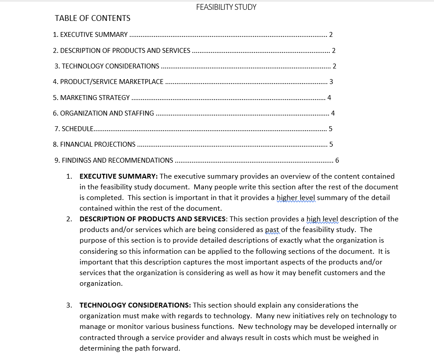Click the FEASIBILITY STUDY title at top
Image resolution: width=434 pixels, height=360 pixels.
pos(226,7)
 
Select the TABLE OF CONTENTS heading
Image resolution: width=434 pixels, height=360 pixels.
pos(92,18)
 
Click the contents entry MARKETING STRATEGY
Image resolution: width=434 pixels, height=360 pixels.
pos(91,98)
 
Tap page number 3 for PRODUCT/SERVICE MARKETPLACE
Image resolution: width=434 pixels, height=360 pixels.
pos(331,82)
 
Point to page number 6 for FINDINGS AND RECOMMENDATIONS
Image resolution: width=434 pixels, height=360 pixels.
pos(337,160)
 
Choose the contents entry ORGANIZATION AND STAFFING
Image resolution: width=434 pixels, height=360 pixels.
pos(103,113)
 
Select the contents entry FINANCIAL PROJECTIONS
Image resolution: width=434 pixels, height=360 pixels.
pos(94,144)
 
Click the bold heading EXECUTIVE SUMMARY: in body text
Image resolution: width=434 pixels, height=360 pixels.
pos(119,176)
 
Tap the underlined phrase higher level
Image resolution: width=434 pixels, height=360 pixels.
pos(296,198)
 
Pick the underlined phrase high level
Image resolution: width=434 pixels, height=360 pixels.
pos(323,219)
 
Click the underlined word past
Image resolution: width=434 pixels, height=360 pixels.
pos(273,230)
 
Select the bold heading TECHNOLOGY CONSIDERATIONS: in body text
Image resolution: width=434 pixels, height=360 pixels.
pos(135,305)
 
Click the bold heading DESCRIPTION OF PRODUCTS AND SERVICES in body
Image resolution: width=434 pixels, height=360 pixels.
pos(152,219)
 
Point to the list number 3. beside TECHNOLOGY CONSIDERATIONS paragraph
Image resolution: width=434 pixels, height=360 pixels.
pos(69,305)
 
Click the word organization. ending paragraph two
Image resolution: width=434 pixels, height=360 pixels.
pos(101,284)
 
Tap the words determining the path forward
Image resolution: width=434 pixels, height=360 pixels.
pos(130,348)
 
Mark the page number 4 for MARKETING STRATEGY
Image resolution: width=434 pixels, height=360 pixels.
pos(329,98)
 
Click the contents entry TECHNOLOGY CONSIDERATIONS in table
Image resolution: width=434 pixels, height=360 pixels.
pos(107,66)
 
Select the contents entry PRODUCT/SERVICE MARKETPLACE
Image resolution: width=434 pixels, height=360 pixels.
pos(108,82)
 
